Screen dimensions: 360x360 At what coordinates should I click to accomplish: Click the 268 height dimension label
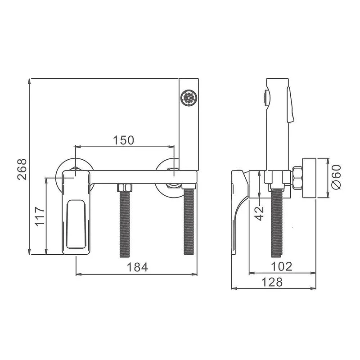[x=22, y=170]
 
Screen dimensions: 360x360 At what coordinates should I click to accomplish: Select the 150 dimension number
[x=123, y=140]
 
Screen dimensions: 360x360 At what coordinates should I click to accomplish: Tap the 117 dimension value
[x=40, y=216]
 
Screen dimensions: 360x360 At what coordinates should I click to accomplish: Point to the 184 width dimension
[x=137, y=267]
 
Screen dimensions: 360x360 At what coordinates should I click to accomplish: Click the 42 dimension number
[x=260, y=213]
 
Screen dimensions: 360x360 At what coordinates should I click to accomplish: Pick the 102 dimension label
[x=282, y=266]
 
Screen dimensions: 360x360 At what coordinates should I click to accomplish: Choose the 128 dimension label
[x=272, y=282]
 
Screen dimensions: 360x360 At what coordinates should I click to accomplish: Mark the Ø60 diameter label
[x=336, y=177]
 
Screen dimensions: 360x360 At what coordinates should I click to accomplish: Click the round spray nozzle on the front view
[x=189, y=98]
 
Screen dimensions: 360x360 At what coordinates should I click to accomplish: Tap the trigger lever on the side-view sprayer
[x=291, y=104]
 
